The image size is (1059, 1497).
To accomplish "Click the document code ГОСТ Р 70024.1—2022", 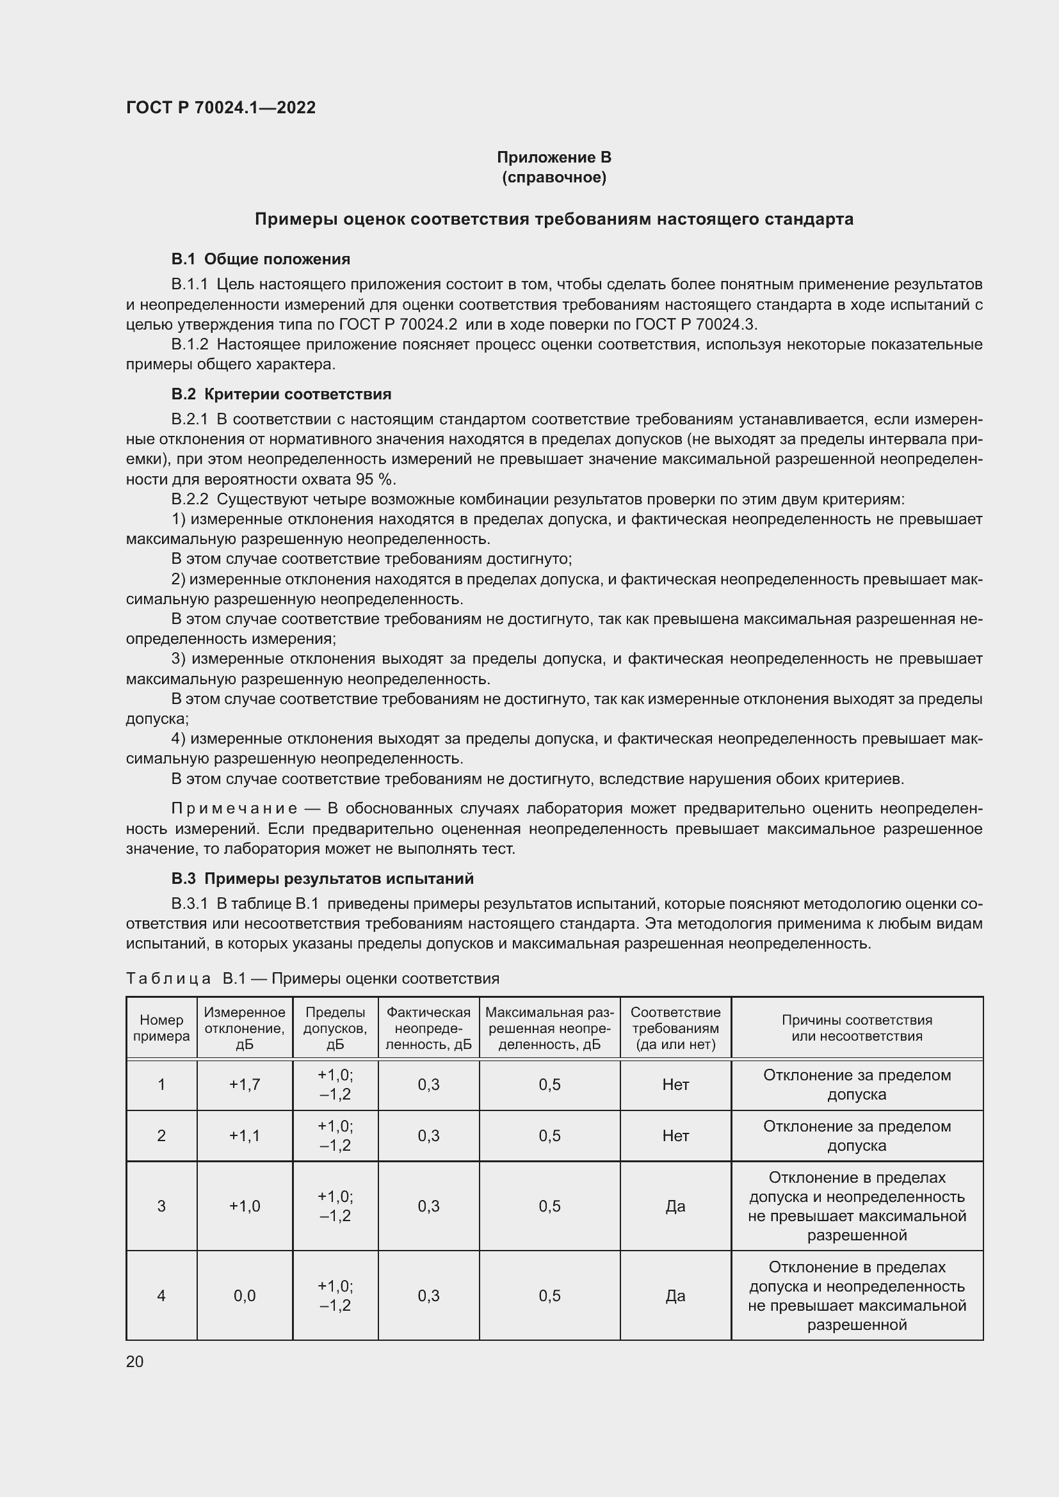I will [x=220, y=108].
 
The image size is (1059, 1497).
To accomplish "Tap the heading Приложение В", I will [x=554, y=157].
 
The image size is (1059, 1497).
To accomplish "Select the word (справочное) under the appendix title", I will [x=554, y=177].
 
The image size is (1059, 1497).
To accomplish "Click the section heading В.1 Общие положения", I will [x=260, y=259].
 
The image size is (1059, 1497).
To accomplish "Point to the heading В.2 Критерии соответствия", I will [x=281, y=394].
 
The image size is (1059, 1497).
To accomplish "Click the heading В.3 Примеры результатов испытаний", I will [x=322, y=878].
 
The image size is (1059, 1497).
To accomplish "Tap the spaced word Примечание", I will [x=234, y=808].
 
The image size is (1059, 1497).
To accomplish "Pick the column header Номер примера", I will [x=161, y=1028].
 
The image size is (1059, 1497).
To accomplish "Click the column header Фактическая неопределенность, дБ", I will [x=428, y=1028].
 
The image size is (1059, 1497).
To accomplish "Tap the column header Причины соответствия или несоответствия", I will [x=857, y=1028].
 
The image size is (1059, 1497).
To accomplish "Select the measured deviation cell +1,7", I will [x=245, y=1084].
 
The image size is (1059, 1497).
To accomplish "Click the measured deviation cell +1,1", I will [x=245, y=1135].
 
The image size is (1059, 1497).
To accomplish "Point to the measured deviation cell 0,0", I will [x=245, y=1295].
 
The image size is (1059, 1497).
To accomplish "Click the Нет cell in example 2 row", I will [x=675, y=1135].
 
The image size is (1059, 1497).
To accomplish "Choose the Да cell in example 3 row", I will [x=675, y=1206].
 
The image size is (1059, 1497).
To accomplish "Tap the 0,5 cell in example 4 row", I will [x=549, y=1295].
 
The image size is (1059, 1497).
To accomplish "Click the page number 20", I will [x=135, y=1361].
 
